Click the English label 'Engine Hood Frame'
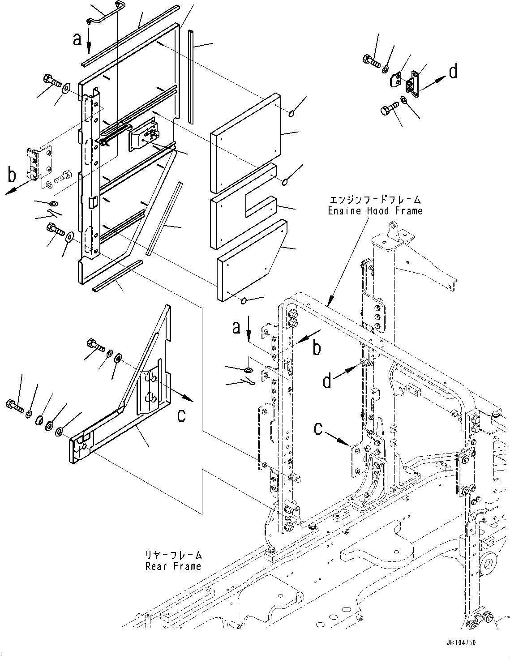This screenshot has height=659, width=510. (375, 210)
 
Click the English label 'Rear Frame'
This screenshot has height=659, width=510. (173, 566)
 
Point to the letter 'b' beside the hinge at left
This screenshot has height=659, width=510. (13, 176)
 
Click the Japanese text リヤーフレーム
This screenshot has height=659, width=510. (173, 556)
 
